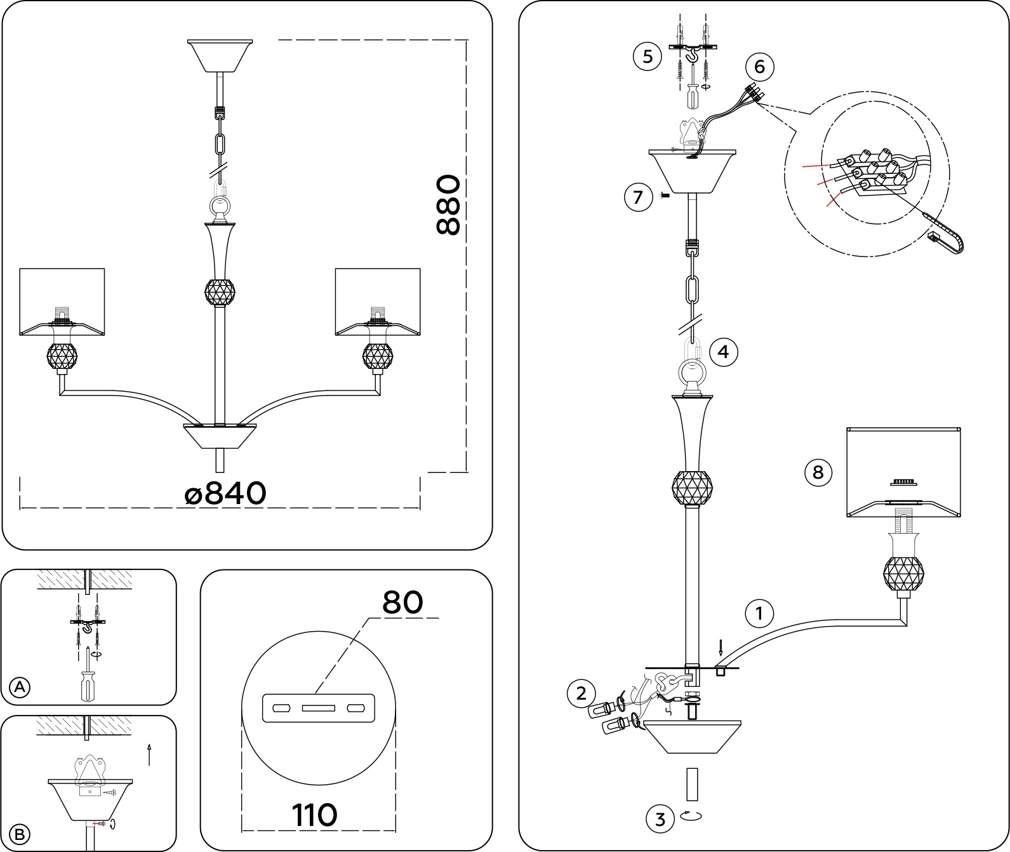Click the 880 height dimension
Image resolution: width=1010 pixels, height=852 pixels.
point(448,205)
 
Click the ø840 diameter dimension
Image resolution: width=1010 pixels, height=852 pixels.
point(225,493)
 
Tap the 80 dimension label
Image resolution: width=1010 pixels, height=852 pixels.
point(402,602)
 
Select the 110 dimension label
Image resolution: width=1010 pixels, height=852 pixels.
point(314,815)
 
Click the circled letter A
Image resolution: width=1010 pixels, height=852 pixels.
point(20,687)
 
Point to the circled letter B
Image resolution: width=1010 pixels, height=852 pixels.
point(20,834)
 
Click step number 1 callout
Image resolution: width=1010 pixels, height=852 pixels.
point(759,614)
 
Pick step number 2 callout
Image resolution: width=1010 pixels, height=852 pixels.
point(581,693)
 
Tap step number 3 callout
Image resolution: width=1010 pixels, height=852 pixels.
point(660,819)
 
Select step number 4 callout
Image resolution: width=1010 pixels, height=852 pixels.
point(724,351)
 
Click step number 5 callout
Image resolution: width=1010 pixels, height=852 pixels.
point(648,57)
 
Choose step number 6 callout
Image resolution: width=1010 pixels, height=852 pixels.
point(761,67)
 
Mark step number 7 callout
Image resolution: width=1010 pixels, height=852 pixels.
point(639,197)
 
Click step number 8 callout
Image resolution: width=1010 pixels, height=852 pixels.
point(818,472)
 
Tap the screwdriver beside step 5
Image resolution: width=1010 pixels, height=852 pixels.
point(692,93)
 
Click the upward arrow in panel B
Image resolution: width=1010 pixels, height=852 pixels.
point(149,754)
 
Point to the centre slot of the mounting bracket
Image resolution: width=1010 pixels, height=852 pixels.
point(318,708)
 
